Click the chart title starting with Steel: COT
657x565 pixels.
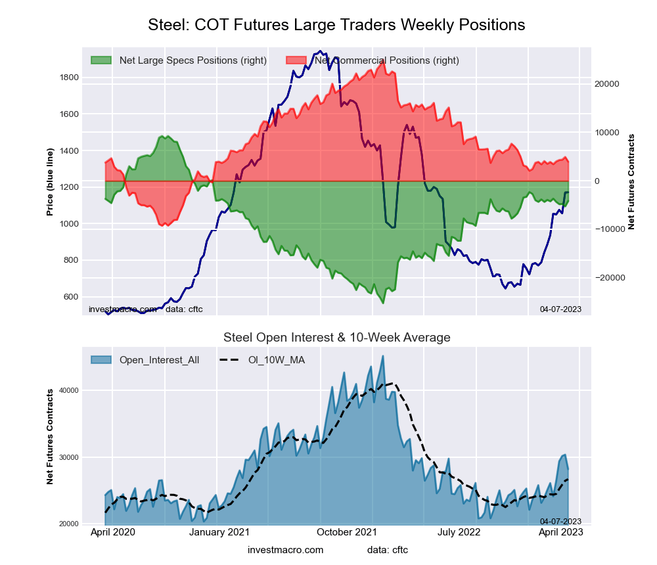point(336,25)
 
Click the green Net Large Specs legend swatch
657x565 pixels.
point(101,60)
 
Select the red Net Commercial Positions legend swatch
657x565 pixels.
point(297,60)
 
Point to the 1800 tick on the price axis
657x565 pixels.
point(69,78)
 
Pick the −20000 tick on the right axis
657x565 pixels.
point(609,278)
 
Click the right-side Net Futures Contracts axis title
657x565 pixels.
point(631,181)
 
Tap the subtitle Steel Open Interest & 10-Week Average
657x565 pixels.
point(336,338)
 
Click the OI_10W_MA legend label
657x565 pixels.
point(275,360)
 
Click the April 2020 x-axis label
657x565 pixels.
point(112,533)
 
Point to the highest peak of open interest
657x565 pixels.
point(383,356)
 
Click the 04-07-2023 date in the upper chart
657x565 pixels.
point(560,309)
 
